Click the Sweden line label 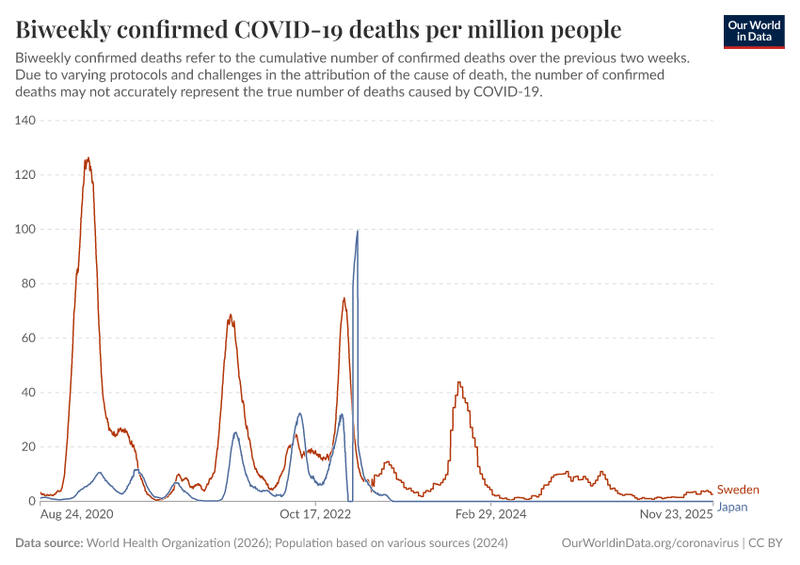pyautogui.click(x=738, y=490)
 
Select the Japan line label pyautogui.click(x=732, y=507)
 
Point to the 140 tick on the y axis pyautogui.click(x=24, y=121)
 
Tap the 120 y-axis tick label pyautogui.click(x=24, y=175)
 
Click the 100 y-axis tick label pyautogui.click(x=24, y=230)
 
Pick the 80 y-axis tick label pyautogui.click(x=27, y=283)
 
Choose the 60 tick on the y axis pyautogui.click(x=27, y=338)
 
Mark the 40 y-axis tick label pyautogui.click(x=27, y=393)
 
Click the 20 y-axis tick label pyautogui.click(x=27, y=447)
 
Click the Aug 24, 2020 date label pyautogui.click(x=77, y=515)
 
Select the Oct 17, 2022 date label pyautogui.click(x=315, y=515)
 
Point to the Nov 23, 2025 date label pyautogui.click(x=676, y=515)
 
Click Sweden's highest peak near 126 pyautogui.click(x=88, y=158)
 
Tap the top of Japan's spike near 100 pyautogui.click(x=357, y=231)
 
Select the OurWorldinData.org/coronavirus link pyautogui.click(x=648, y=543)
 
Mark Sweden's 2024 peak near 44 pyautogui.click(x=458, y=382)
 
